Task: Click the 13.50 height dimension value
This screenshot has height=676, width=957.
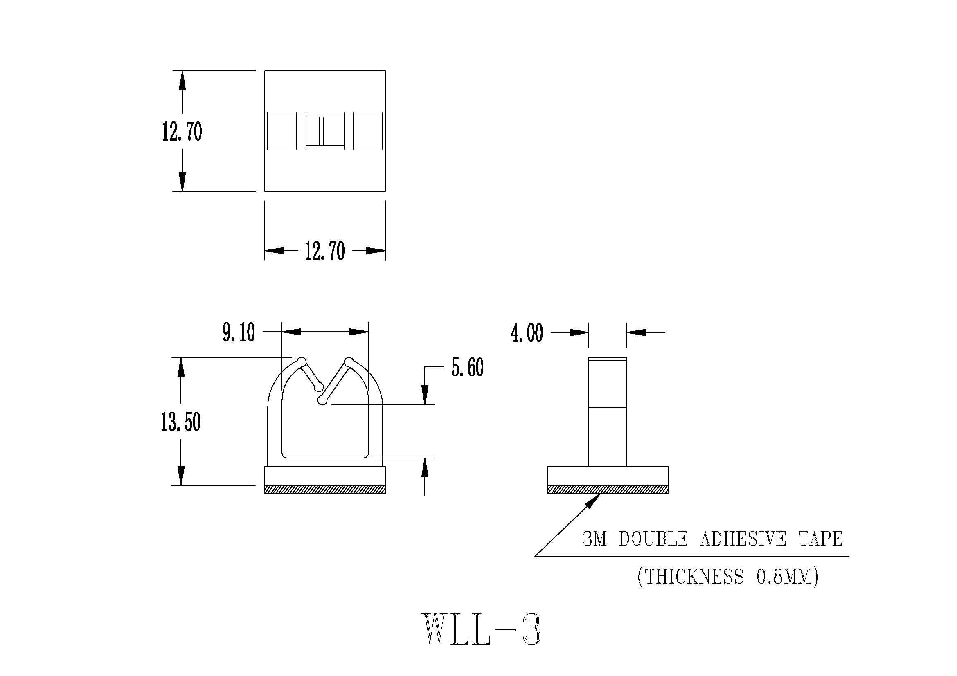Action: (x=180, y=422)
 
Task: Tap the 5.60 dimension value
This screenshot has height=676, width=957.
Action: (x=467, y=367)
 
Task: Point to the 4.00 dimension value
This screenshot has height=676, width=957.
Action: (x=527, y=333)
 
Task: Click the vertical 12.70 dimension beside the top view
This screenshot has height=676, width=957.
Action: (x=182, y=132)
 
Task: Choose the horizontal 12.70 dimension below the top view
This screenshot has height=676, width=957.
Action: (x=325, y=251)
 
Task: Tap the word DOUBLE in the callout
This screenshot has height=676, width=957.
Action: (x=653, y=539)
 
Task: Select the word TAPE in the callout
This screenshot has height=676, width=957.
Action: (x=821, y=539)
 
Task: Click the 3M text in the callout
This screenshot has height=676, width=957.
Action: (x=594, y=539)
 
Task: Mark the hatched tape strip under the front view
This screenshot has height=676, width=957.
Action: (x=325, y=489)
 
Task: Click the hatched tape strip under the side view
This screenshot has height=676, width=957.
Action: (x=607, y=489)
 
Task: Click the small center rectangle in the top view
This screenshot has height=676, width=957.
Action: (x=325, y=131)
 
